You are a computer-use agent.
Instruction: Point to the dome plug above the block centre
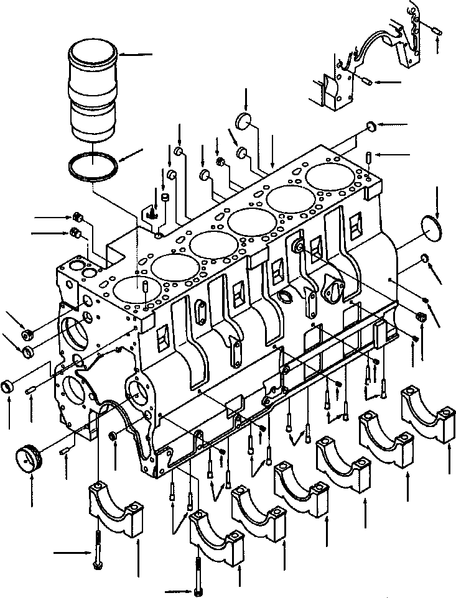click(246, 120)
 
